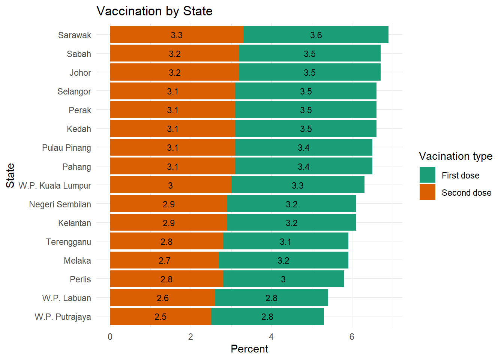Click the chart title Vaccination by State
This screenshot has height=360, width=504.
pyautogui.click(x=154, y=11)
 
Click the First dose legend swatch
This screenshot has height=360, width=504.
pyautogui.click(x=427, y=175)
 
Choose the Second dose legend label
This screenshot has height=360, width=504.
pyautogui.click(x=466, y=193)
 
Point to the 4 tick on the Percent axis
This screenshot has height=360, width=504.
pyautogui.click(x=271, y=337)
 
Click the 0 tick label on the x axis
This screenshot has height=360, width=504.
pyautogui.click(x=110, y=337)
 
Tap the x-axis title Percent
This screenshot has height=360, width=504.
pyautogui.click(x=249, y=349)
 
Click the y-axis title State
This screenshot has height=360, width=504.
pyautogui.click(x=10, y=175)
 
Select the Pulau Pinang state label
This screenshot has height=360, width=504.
pyautogui.click(x=66, y=148)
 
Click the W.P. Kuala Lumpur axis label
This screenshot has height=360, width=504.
pyautogui.click(x=55, y=186)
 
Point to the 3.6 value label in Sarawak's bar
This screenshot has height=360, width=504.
pyautogui.click(x=316, y=35)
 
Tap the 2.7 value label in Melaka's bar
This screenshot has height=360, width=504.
pyautogui.click(x=164, y=261)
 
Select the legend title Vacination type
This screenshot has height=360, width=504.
pyautogui.click(x=455, y=156)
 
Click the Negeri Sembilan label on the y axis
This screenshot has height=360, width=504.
pyautogui.click(x=60, y=204)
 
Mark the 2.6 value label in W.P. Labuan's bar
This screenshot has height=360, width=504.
pyautogui.click(x=162, y=298)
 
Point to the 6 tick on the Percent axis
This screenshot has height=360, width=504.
pyautogui.click(x=352, y=337)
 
